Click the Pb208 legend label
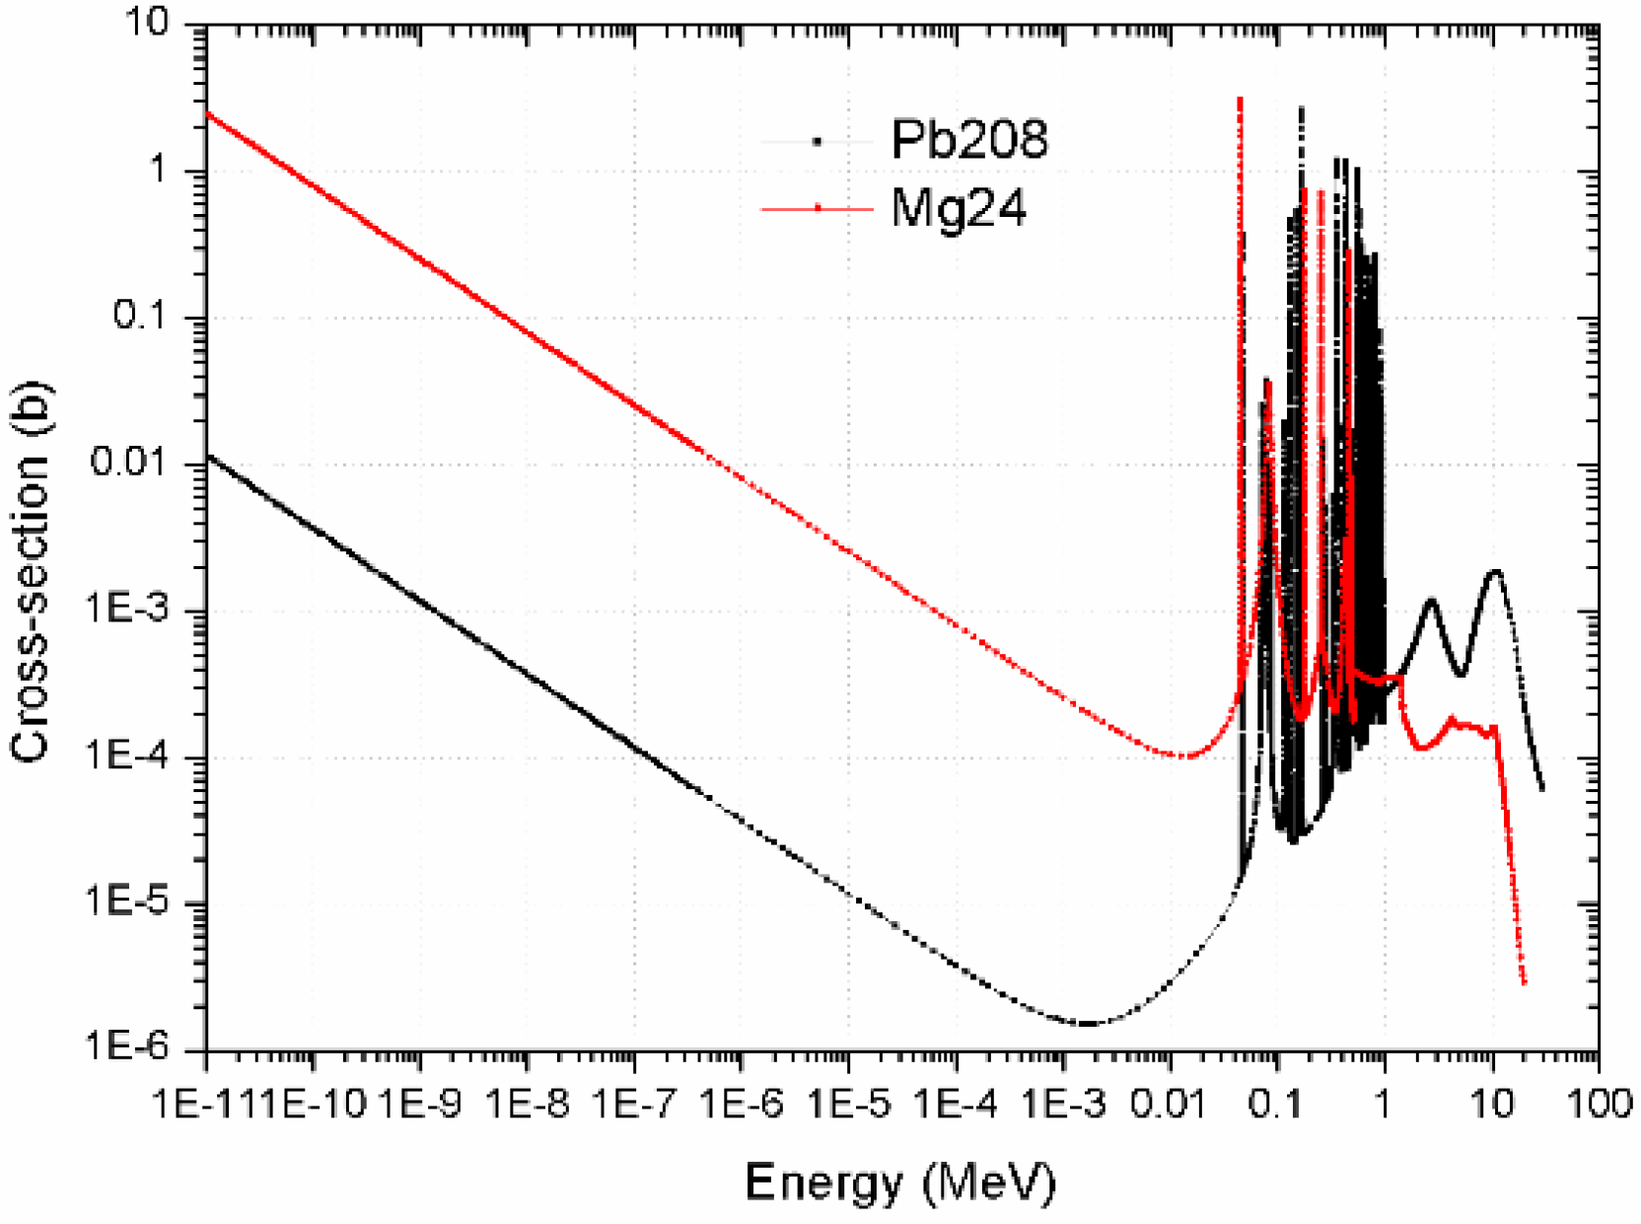click(x=968, y=139)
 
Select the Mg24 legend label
click(x=959, y=208)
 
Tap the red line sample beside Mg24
click(x=818, y=209)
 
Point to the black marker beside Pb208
click(x=818, y=142)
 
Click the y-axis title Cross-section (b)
click(x=31, y=573)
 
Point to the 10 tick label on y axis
click(x=147, y=23)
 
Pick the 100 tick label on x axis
click(x=1600, y=1104)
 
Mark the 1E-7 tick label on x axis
click(x=634, y=1104)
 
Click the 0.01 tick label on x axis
click(x=1169, y=1104)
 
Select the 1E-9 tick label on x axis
click(x=420, y=1104)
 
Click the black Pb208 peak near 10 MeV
click(x=1496, y=571)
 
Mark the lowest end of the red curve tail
click(x=1525, y=983)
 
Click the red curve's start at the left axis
click(x=208, y=113)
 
